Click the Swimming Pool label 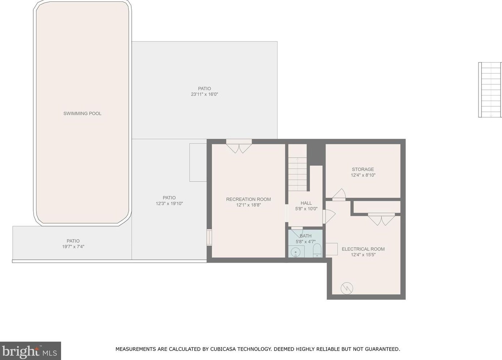click(82, 113)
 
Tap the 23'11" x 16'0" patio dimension click(204, 94)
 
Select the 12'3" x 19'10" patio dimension click(169, 204)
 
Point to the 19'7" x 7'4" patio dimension click(73, 247)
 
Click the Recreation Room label click(248, 199)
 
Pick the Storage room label click(363, 169)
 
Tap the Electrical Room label click(363, 249)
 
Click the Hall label click(306, 203)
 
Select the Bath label click(306, 236)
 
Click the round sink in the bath click(295, 252)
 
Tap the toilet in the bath click(317, 250)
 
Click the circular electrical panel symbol click(347, 288)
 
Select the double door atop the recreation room click(239, 147)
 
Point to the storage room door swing click(339, 194)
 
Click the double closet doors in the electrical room click(381, 219)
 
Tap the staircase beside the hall click(297, 174)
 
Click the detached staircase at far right click(490, 93)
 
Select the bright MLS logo click(30, 351)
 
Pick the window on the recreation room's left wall click(209, 237)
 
